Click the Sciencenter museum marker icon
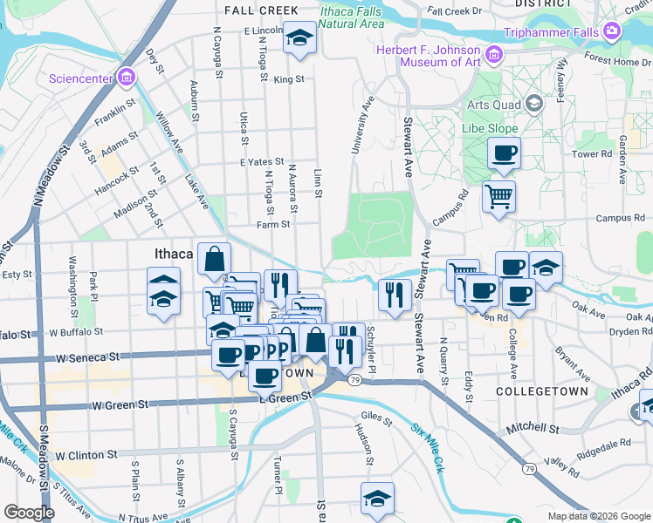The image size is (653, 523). pos(127,78)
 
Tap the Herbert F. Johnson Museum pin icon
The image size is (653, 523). pos(494,56)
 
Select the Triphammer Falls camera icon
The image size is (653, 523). pos(612,32)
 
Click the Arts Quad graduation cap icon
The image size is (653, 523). pos(533,105)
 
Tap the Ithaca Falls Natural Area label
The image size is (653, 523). pos(351,17)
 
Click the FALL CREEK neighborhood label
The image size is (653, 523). pos(261,10)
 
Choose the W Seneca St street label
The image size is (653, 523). pos(86,357)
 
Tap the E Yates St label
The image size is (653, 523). pos(262,161)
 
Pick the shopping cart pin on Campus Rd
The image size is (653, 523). pos(498,195)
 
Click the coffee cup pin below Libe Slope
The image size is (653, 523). pos(504,153)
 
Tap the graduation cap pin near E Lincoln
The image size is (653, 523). pos(299,37)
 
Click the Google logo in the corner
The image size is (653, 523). pos(28,512)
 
